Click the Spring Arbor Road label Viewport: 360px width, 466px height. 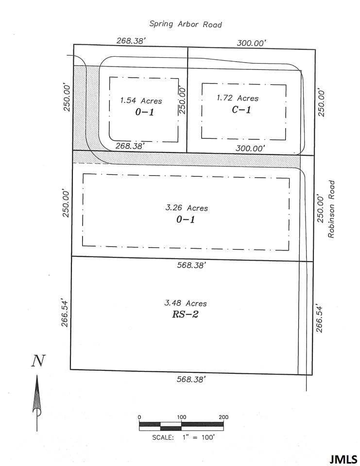(186, 24)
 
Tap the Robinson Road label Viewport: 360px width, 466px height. (332, 209)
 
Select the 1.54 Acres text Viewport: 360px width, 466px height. (141, 101)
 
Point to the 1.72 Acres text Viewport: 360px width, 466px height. (238, 98)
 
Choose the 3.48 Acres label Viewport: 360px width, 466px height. (186, 303)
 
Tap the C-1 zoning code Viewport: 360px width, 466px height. (241, 110)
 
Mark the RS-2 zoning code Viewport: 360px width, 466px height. (185, 315)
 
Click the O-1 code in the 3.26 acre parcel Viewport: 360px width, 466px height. (186, 219)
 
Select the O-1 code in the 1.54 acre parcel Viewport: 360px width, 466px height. (141, 113)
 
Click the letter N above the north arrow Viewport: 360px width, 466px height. (38, 361)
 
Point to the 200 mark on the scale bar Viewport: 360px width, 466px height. (223, 417)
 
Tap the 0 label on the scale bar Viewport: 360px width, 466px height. (139, 417)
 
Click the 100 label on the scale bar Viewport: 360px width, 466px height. (181, 417)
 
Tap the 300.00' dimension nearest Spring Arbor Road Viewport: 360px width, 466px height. (251, 43)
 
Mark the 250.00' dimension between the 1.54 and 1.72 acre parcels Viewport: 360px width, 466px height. (183, 100)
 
